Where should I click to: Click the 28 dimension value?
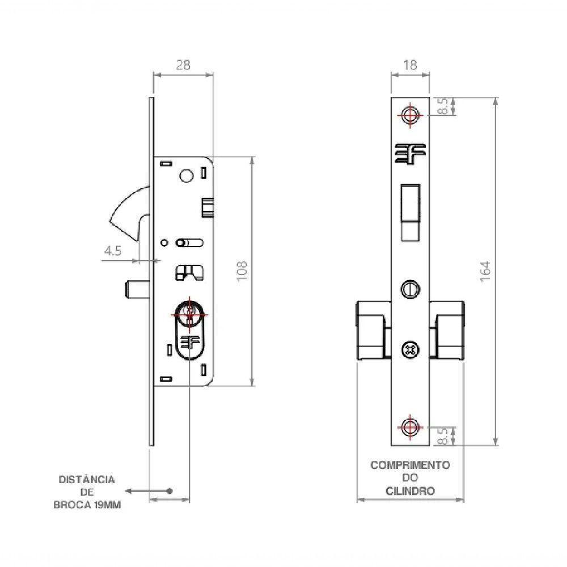pyautogui.click(x=183, y=65)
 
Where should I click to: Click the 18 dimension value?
pyautogui.click(x=410, y=65)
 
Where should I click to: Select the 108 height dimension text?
pyautogui.click(x=242, y=271)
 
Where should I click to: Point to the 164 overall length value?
pyautogui.click(x=485, y=271)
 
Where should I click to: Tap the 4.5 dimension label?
pyautogui.click(x=113, y=251)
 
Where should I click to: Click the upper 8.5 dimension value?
pyautogui.click(x=443, y=106)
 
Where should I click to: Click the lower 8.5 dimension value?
pyautogui.click(x=443, y=435)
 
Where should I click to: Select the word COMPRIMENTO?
pyautogui.click(x=410, y=465)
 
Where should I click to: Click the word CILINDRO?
pyautogui.click(x=410, y=491)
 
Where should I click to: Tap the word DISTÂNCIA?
pyautogui.click(x=87, y=480)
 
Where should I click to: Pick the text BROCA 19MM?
pyautogui.click(x=87, y=505)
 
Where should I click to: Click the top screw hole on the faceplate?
pyautogui.click(x=410, y=115)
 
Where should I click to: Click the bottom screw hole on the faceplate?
pyautogui.click(x=410, y=427)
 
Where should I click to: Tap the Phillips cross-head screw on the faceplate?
pyautogui.click(x=410, y=350)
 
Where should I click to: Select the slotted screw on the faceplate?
pyautogui.click(x=410, y=289)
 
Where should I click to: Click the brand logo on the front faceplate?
pyautogui.click(x=410, y=154)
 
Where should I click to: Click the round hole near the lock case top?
pyautogui.click(x=186, y=176)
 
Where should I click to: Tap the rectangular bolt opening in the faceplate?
pyautogui.click(x=410, y=212)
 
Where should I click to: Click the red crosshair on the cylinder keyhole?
pyautogui.click(x=189, y=314)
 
